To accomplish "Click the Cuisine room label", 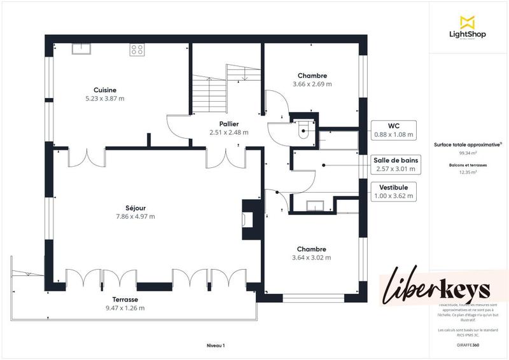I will click(105, 90).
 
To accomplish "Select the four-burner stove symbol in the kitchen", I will click(137, 48).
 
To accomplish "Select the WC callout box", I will click(393, 130).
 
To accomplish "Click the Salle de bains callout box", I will click(395, 165).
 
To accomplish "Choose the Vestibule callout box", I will click(393, 191).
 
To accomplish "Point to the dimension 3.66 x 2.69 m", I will click(312, 84).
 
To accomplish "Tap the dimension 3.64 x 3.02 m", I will click(311, 258).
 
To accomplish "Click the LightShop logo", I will click(468, 28).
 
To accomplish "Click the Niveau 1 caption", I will click(216, 345).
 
